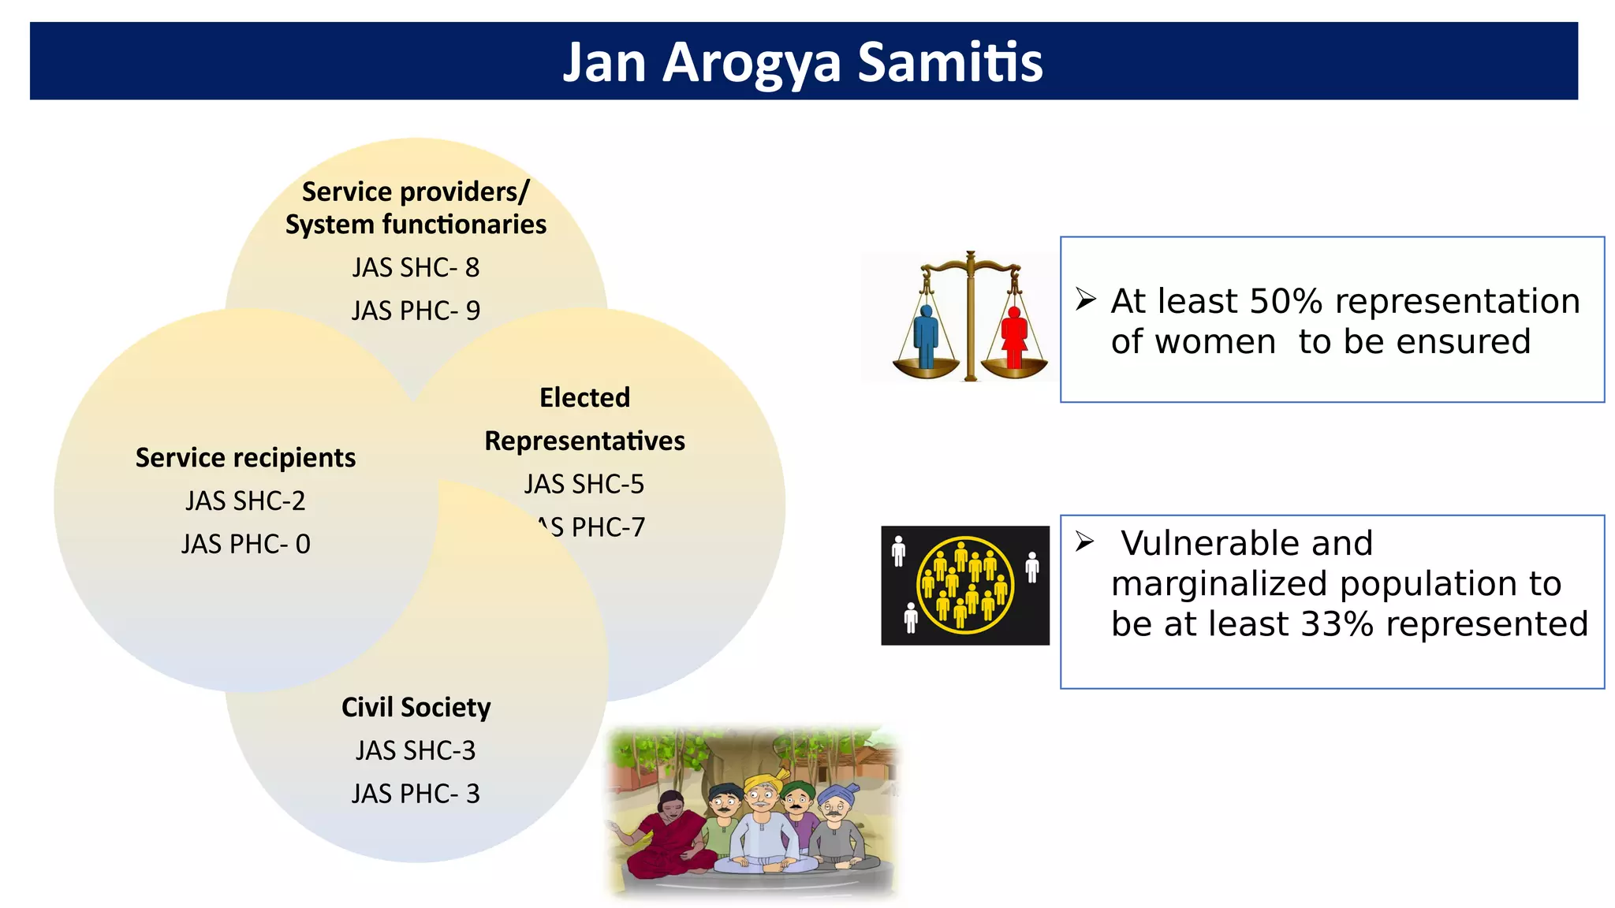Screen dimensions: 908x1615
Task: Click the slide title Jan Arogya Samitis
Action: pos(803,61)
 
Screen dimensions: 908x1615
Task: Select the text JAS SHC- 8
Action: pos(416,268)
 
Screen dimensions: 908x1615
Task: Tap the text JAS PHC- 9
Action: pos(416,311)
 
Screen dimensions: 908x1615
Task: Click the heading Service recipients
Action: pos(245,458)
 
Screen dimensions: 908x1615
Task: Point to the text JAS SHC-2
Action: pos(245,501)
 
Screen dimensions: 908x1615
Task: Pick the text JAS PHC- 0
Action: pos(245,545)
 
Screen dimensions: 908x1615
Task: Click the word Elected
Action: pos(584,397)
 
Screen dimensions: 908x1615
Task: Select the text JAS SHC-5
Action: pos(584,484)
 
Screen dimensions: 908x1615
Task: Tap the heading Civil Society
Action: pos(416,708)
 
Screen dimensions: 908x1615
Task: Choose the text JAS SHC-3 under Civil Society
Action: pos(416,751)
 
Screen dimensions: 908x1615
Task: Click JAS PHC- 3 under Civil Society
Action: pos(416,794)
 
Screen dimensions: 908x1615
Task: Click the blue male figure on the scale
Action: pos(926,337)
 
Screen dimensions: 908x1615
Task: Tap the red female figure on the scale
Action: pos(1014,337)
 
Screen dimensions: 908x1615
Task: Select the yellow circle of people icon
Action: pos(965,585)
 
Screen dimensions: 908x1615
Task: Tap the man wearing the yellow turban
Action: pos(761,820)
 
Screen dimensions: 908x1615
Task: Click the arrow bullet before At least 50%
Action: pos(1086,300)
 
